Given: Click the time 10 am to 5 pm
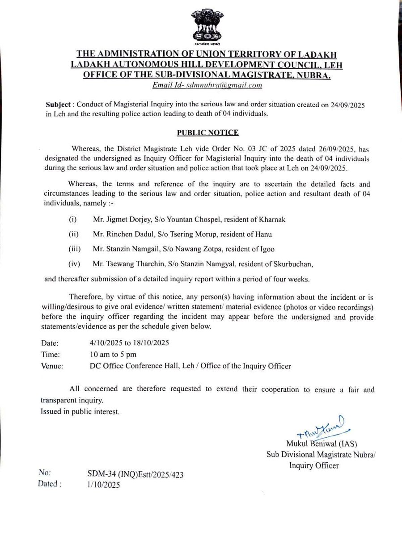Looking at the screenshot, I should coord(113,354).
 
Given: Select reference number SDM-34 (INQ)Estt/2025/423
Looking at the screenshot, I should coord(136,475).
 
